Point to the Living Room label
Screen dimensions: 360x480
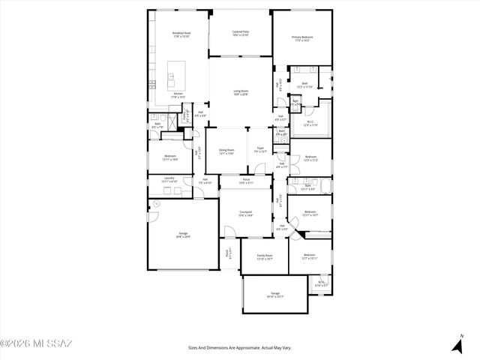[x=240, y=92]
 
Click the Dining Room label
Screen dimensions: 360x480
[x=226, y=151]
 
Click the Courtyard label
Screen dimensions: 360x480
[x=245, y=214]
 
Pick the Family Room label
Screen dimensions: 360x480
[x=265, y=256]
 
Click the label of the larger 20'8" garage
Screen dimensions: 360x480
[x=184, y=235]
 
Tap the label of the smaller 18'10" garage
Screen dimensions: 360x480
[x=274, y=295]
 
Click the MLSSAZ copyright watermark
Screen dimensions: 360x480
[x=36, y=344]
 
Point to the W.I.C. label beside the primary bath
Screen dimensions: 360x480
[x=310, y=124]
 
